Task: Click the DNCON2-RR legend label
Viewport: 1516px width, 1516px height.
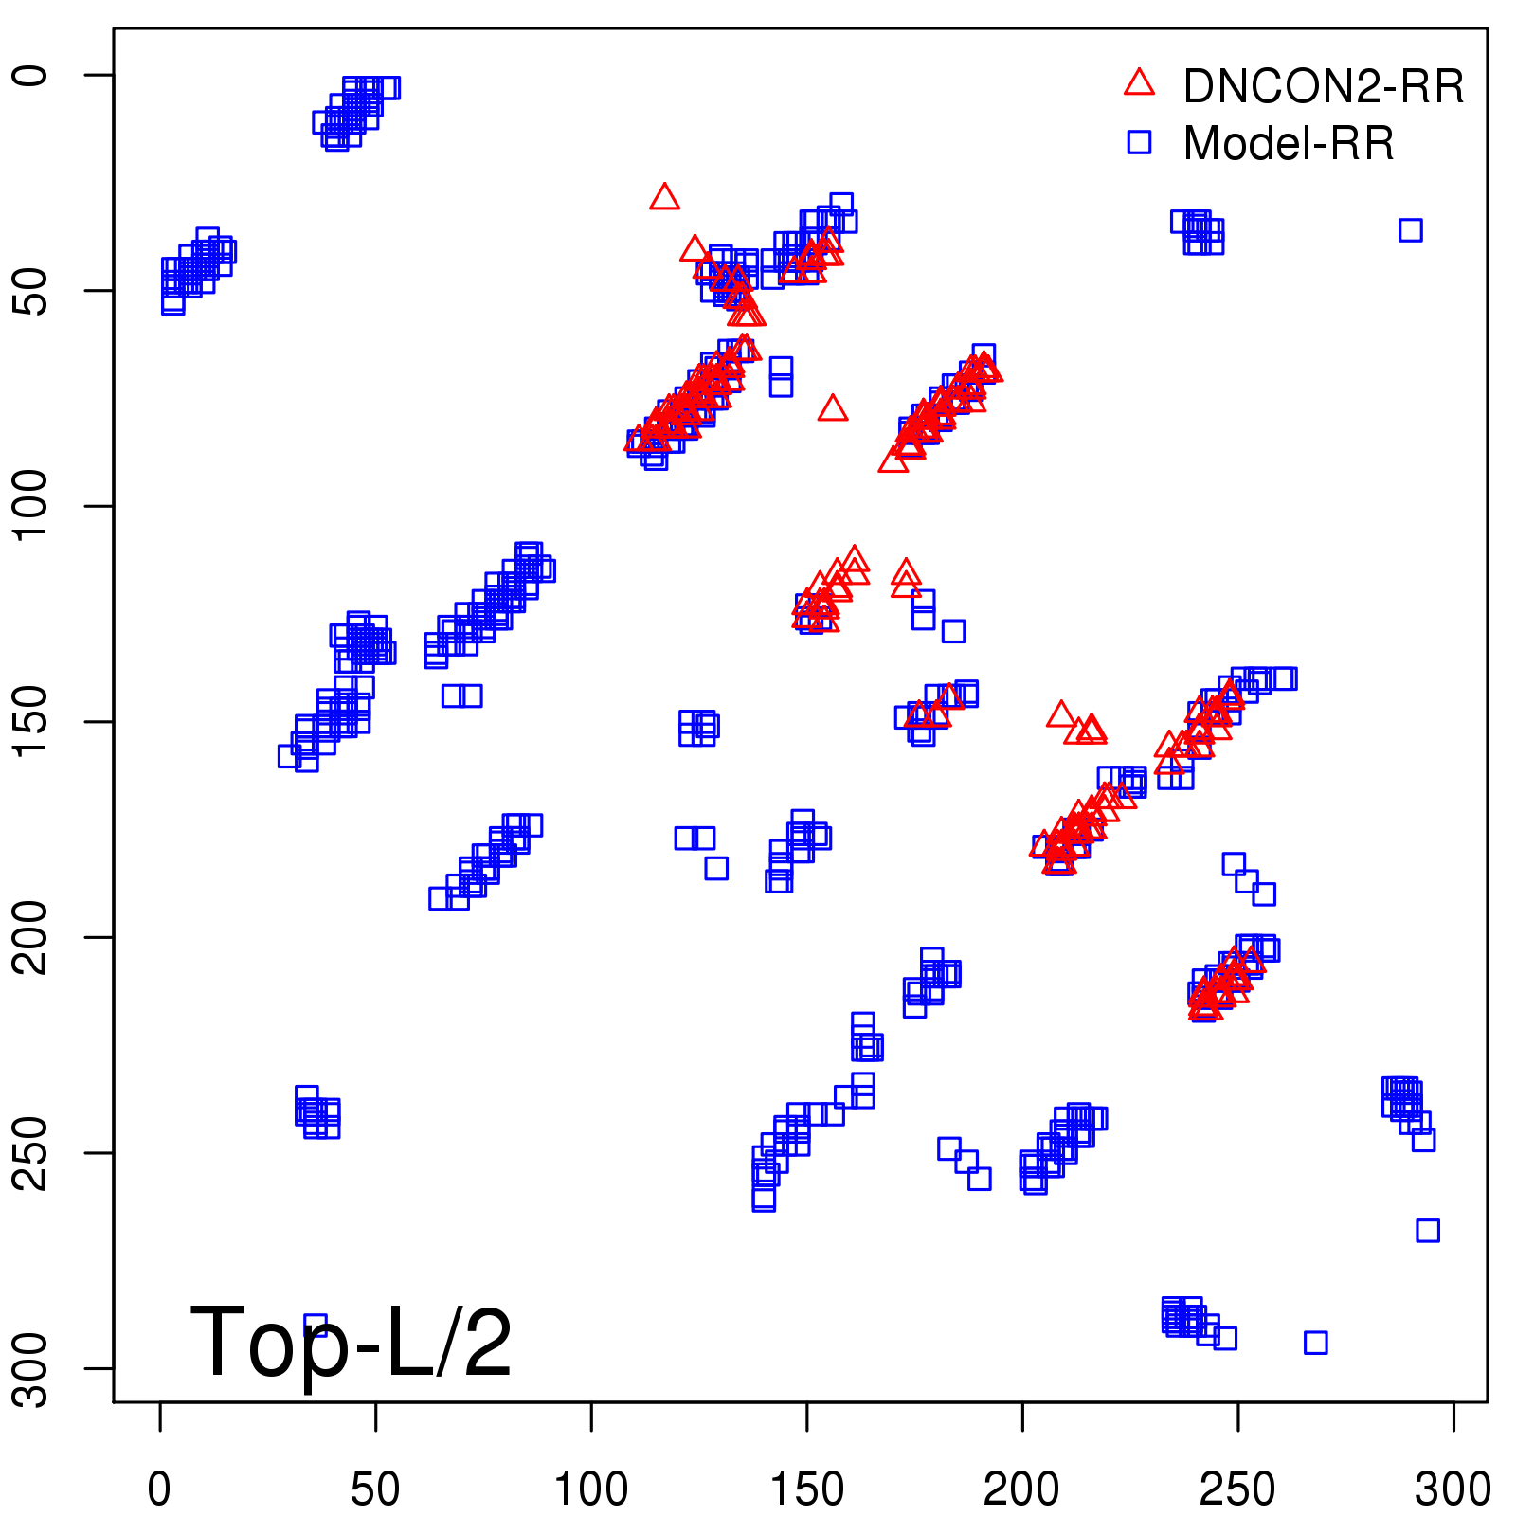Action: (x=1323, y=87)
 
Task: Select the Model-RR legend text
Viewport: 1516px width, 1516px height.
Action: (x=1289, y=144)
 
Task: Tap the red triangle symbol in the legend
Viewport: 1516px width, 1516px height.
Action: (x=1139, y=83)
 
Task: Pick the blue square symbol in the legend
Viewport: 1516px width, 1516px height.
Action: (x=1139, y=142)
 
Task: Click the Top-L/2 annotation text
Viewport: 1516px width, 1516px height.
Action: (x=351, y=1342)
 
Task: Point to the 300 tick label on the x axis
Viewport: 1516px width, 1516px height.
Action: (x=1453, y=1489)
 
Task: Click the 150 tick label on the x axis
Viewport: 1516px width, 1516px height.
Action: (x=806, y=1489)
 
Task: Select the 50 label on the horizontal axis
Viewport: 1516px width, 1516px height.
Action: (x=375, y=1489)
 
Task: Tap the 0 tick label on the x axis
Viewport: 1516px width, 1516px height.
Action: (x=160, y=1489)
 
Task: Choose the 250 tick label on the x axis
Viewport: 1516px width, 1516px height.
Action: (x=1237, y=1489)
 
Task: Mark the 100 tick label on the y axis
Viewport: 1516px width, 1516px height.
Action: (x=32, y=505)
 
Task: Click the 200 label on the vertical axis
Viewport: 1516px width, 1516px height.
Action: (x=32, y=936)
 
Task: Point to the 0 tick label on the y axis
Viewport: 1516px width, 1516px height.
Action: (x=32, y=75)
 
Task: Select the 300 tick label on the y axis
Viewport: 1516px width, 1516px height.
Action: (x=32, y=1367)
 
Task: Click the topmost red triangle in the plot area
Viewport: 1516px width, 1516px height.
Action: (x=664, y=197)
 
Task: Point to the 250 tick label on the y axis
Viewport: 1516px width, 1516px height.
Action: (x=32, y=1152)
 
